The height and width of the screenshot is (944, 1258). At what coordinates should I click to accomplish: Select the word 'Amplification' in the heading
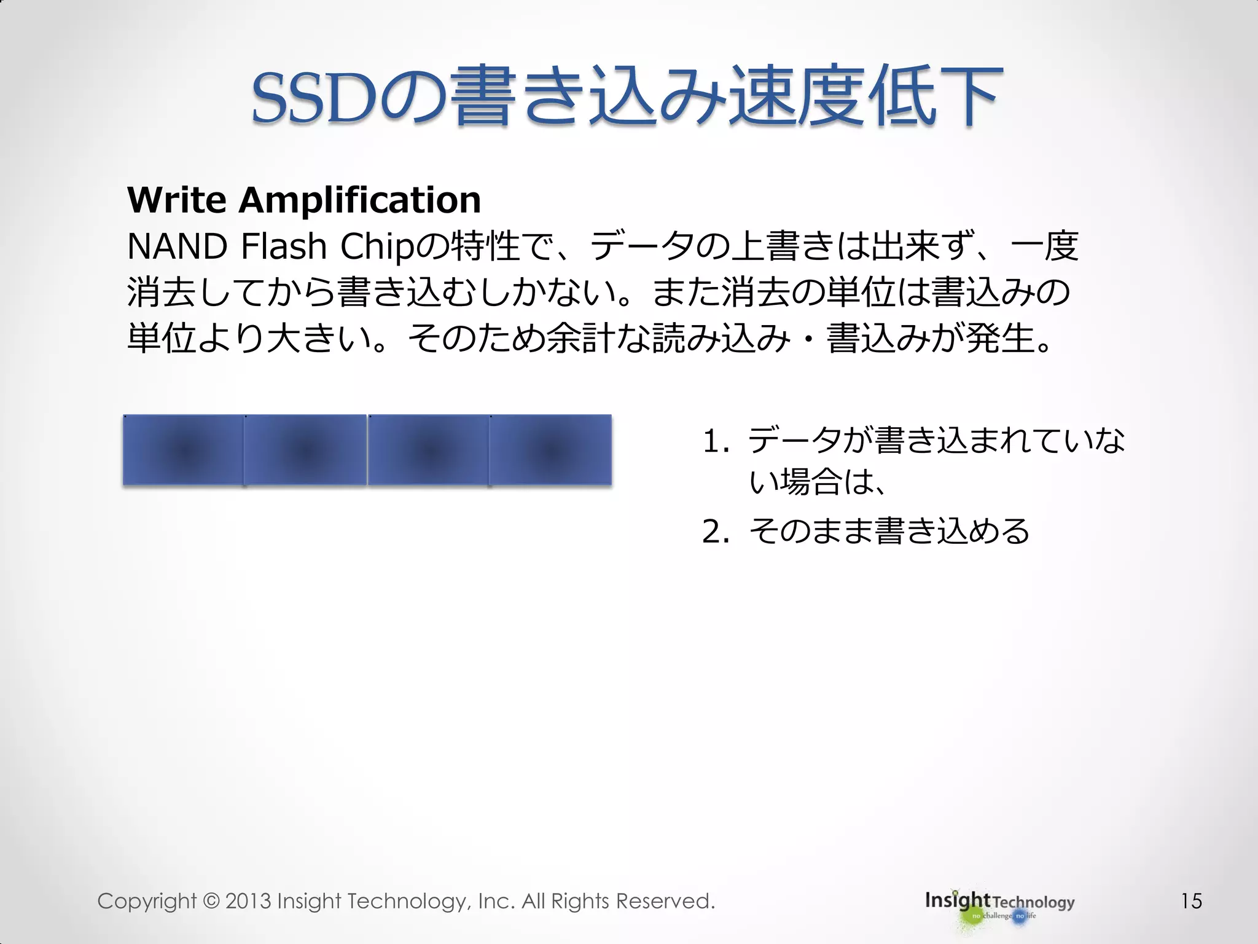point(359,200)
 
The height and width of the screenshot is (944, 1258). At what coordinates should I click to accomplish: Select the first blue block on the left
point(184,450)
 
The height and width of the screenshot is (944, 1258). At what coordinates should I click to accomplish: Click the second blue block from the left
point(305,450)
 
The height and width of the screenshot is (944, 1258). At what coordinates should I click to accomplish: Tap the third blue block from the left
point(428,450)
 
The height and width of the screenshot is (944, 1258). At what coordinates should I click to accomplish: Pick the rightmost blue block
point(550,450)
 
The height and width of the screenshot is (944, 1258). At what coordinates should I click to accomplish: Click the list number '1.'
point(716,441)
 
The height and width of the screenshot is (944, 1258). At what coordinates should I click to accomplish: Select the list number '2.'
point(716,532)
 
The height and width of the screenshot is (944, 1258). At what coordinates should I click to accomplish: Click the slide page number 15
point(1191,901)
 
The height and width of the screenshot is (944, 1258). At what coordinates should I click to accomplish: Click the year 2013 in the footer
point(248,901)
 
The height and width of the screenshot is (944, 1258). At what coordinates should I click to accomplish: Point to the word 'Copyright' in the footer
point(147,901)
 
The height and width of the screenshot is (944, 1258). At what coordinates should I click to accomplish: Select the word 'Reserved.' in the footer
point(665,901)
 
